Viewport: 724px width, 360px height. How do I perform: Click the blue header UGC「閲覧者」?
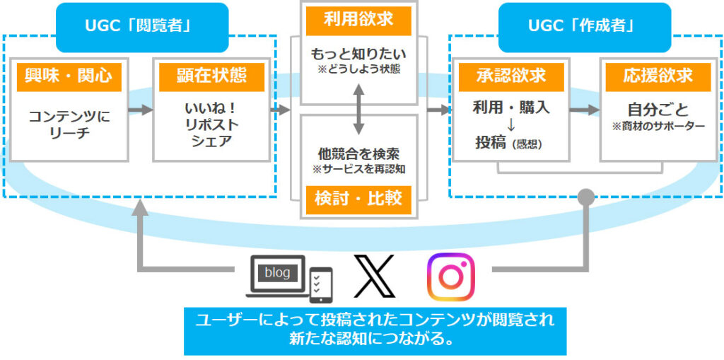tap(142, 27)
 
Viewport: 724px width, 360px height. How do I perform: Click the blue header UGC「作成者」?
tap(584, 27)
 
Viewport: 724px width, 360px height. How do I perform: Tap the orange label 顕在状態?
tap(212, 76)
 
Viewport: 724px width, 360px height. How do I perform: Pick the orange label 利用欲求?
tap(358, 21)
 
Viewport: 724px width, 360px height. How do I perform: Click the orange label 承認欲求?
tap(512, 76)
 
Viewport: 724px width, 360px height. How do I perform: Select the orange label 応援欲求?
tap(658, 76)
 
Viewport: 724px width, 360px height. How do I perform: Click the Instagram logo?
tap(450, 277)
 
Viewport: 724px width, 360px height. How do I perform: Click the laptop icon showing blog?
tap(278, 275)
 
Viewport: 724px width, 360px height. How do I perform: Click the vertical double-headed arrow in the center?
tap(359, 110)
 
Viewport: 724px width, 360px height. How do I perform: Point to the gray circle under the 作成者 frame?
tap(585, 197)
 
